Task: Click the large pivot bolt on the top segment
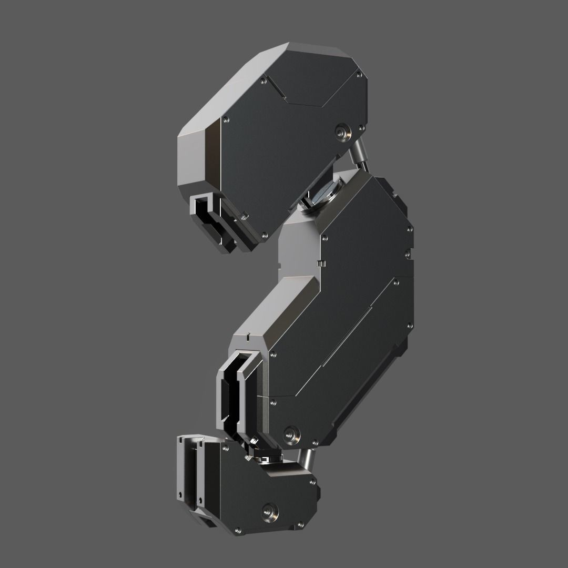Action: [x=344, y=131]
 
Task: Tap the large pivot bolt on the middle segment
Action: [x=290, y=434]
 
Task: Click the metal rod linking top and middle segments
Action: [x=358, y=153]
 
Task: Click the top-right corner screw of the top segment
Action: [x=359, y=75]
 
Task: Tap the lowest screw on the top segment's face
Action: [x=265, y=235]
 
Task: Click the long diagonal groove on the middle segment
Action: [x=342, y=337]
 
